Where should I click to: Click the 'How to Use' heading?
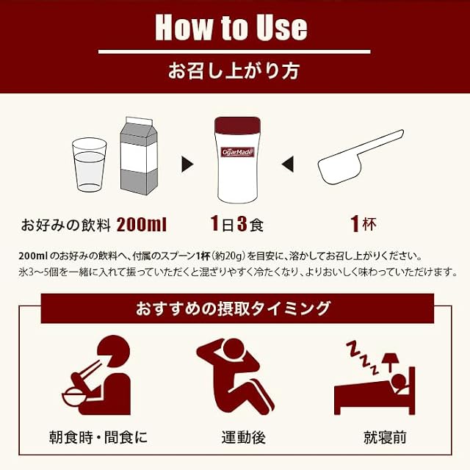click(x=231, y=27)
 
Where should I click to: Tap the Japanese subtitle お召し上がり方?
click(x=234, y=71)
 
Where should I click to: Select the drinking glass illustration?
click(x=90, y=164)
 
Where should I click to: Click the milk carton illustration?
click(x=139, y=156)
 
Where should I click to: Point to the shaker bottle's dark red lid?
click(x=237, y=126)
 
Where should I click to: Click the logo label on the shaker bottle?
click(x=237, y=152)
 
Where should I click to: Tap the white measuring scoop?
click(x=361, y=156)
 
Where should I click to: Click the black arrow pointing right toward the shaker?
click(x=187, y=164)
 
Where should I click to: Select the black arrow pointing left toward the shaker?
click(x=287, y=164)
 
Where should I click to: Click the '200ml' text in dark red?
click(x=141, y=225)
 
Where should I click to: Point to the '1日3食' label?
click(x=236, y=224)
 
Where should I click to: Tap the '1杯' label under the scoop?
click(x=364, y=223)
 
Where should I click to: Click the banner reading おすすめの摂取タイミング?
click(x=237, y=308)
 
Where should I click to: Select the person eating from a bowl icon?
click(x=97, y=375)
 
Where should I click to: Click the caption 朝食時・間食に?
click(x=98, y=438)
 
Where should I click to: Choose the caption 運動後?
click(x=243, y=438)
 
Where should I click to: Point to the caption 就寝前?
click(x=385, y=438)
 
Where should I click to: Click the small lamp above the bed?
click(x=390, y=362)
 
